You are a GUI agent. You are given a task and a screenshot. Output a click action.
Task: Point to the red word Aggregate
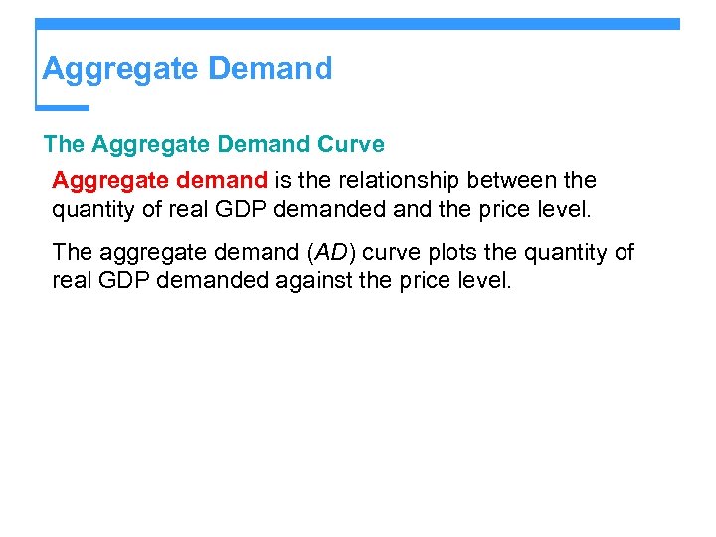point(108,180)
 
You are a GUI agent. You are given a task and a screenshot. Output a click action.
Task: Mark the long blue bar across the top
point(358,23)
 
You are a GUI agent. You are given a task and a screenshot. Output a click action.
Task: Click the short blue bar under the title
point(63,107)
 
